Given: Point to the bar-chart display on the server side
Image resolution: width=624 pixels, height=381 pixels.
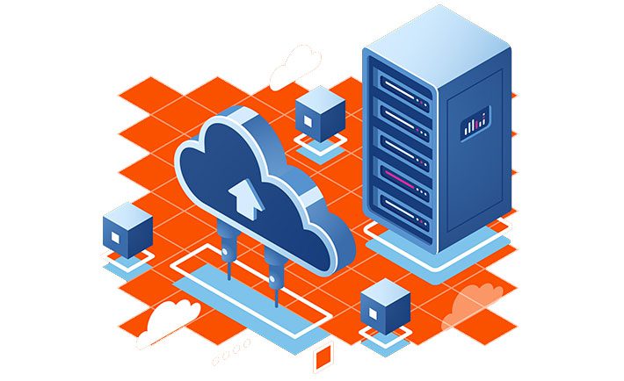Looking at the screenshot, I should [x=475, y=121].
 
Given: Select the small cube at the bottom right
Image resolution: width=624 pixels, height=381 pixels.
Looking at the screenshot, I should [x=385, y=308].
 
